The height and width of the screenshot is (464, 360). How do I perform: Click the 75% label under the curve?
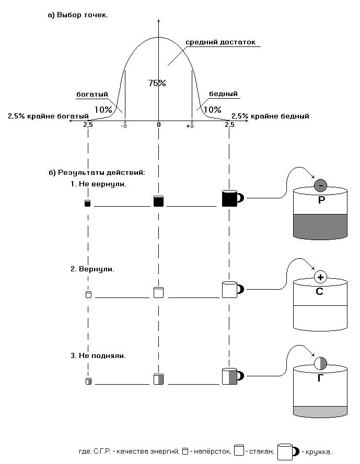click(x=157, y=83)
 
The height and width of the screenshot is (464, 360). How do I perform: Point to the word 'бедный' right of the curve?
click(x=223, y=94)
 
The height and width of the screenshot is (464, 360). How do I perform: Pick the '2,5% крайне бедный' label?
click(x=270, y=116)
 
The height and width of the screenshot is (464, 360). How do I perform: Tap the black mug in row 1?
click(x=231, y=199)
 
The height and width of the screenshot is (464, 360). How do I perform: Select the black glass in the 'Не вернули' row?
click(x=159, y=201)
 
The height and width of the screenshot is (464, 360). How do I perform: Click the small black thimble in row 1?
click(x=88, y=203)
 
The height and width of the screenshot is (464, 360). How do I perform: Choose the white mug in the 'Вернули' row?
click(x=231, y=290)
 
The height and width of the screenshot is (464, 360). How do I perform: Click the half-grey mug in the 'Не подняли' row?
click(x=231, y=376)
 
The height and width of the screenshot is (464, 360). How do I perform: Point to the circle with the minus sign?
click(x=321, y=185)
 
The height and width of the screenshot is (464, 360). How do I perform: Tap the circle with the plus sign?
click(x=320, y=277)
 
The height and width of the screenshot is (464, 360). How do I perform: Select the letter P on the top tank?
click(x=321, y=200)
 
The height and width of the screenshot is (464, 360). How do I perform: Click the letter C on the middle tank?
click(x=319, y=292)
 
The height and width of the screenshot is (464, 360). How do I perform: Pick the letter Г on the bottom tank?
click(x=320, y=378)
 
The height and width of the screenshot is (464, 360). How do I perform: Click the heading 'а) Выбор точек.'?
click(x=78, y=15)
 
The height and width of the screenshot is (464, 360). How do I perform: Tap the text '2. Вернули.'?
click(x=92, y=269)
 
